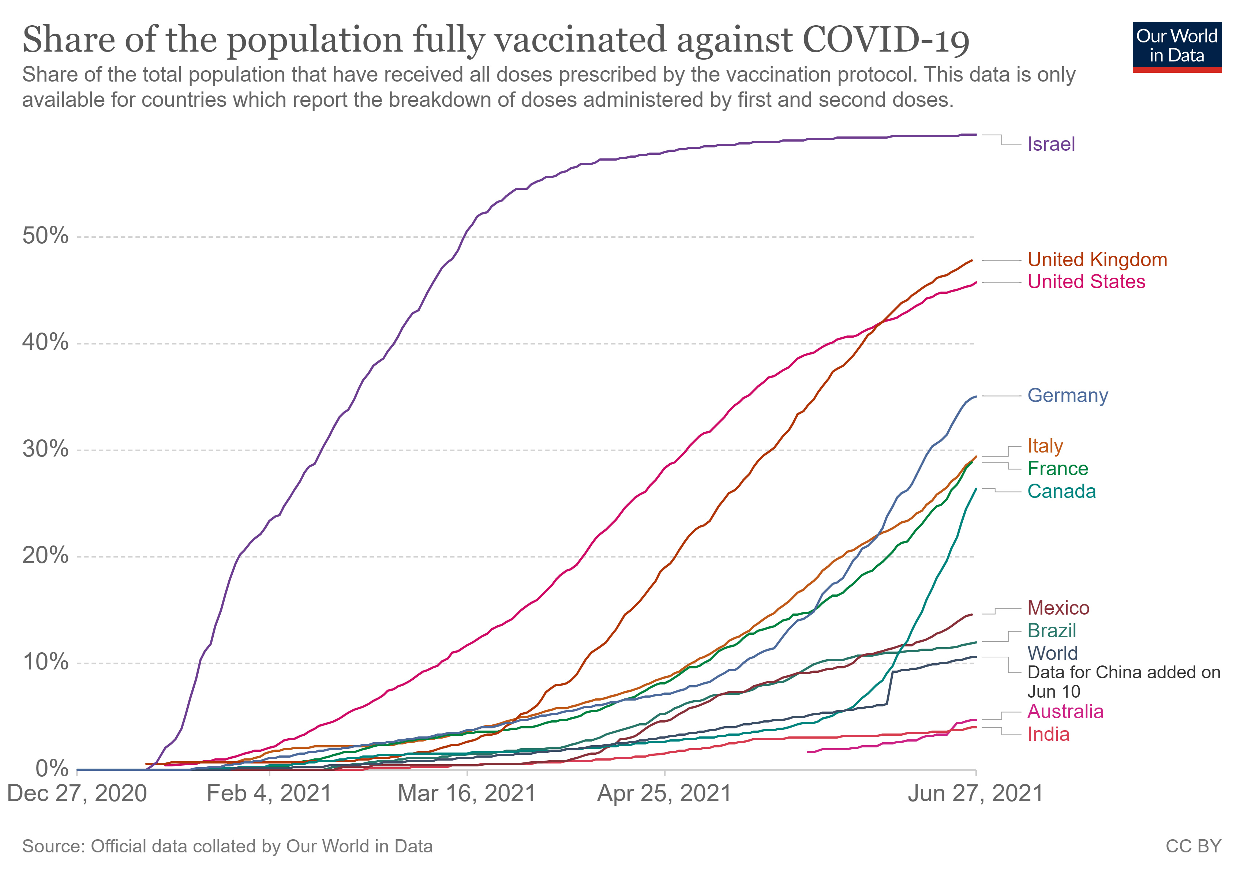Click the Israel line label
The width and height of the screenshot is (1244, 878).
[1050, 145]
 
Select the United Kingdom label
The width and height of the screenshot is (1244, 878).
[1097, 260]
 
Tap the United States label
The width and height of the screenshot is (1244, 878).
[1086, 282]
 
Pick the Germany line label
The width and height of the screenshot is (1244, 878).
[1067, 396]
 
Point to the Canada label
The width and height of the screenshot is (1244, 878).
[1061, 492]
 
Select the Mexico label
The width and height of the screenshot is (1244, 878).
[1058, 608]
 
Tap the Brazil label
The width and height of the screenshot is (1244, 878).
[1051, 631]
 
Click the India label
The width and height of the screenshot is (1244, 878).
[1048, 735]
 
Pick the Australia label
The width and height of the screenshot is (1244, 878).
[1065, 712]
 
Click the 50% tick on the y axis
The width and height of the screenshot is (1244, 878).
[45, 236]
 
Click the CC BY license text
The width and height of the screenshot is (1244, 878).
[1193, 847]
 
